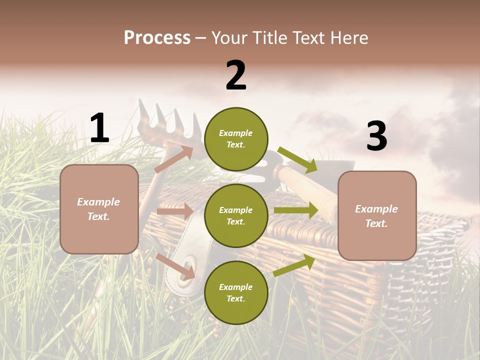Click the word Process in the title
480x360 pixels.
[x=157, y=38]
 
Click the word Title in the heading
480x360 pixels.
[x=269, y=38]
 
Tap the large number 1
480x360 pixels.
[x=99, y=128]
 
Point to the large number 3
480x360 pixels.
[x=376, y=136]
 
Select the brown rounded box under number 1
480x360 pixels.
[x=99, y=209]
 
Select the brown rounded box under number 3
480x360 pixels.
[x=377, y=215]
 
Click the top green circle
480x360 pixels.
[x=236, y=139]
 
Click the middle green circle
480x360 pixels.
[x=236, y=215]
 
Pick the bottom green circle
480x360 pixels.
[x=236, y=292]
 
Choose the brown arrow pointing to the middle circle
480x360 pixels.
[x=175, y=211]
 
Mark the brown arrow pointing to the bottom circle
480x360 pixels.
[x=175, y=266]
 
